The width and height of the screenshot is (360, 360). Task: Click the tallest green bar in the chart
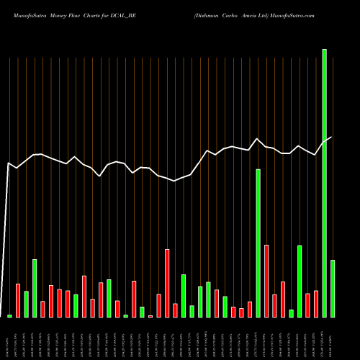pyautogui.click(x=324, y=183)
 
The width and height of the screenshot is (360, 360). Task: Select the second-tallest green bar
pyautogui.click(x=258, y=243)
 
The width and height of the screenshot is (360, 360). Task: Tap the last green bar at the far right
pyautogui.click(x=333, y=289)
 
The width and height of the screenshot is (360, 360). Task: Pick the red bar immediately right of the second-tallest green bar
pyautogui.click(x=266, y=281)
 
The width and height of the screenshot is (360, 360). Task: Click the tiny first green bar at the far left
pyautogui.click(x=10, y=316)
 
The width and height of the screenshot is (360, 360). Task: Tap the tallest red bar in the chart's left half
pyautogui.click(x=167, y=283)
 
